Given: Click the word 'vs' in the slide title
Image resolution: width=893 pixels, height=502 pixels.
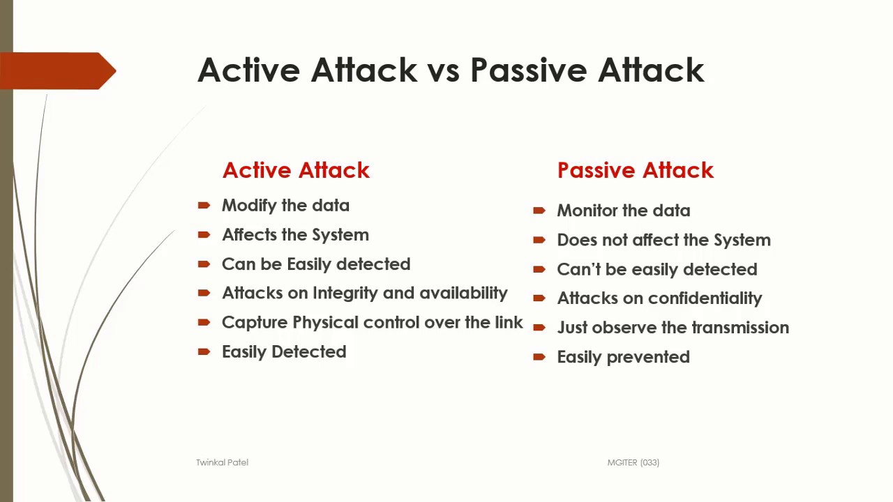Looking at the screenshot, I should coord(444,70).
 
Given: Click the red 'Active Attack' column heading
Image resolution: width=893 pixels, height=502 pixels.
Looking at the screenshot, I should coord(296,170).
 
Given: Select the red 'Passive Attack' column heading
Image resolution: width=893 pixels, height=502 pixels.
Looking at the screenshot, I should coord(635,170).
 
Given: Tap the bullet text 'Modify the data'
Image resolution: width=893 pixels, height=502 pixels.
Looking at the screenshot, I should coord(285,206).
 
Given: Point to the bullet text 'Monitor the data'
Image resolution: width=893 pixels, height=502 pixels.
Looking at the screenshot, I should coord(623,211).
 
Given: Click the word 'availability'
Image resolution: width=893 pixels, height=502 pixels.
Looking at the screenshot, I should coord(463,294).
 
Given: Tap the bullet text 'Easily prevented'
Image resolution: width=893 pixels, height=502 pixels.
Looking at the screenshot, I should coord(623,357).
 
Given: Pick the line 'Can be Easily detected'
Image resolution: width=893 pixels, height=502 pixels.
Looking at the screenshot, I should coord(315,264).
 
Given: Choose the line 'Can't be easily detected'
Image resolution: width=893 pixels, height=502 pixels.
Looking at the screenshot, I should coord(656,269).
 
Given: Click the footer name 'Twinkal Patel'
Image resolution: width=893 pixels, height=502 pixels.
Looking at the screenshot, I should coord(222,462).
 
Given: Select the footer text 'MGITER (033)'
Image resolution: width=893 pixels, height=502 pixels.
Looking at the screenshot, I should coord(633,462).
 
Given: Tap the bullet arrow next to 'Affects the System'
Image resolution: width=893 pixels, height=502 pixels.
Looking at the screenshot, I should coord(204,235).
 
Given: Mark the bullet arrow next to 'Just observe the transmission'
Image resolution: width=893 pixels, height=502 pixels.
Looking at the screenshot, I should coord(539,328).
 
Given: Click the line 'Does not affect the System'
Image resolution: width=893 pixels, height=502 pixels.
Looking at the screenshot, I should coord(663,240).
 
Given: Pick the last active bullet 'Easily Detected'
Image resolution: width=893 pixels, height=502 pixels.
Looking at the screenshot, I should coord(283,352).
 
